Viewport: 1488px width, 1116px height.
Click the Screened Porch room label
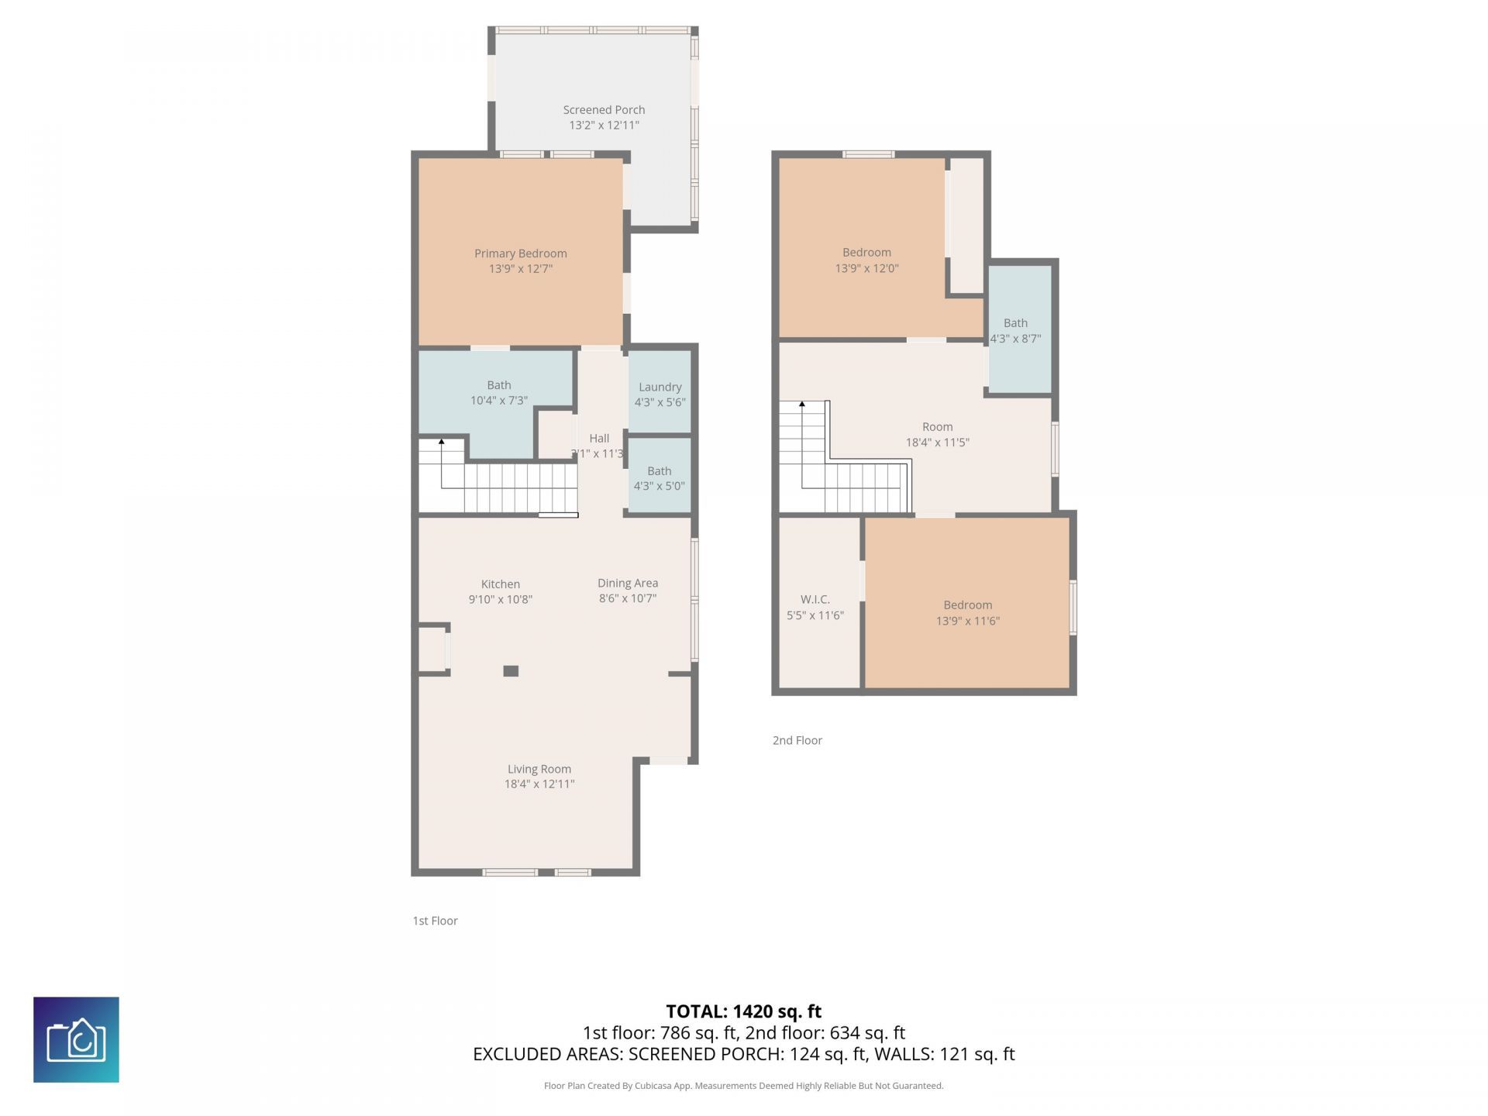coord(604,110)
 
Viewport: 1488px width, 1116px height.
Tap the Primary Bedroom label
coord(521,253)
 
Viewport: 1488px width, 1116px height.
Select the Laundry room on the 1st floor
coord(660,391)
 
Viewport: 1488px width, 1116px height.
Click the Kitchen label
coord(501,584)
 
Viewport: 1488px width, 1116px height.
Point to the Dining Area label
coord(628,583)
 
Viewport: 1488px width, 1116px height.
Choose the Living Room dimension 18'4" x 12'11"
coord(539,784)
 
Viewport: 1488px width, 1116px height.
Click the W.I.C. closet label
coord(815,600)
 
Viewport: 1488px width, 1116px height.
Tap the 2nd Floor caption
coord(797,740)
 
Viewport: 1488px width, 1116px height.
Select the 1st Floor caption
coord(435,921)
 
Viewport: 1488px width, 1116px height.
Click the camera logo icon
coord(76,1039)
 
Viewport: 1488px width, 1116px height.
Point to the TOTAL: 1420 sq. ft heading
coord(744,1011)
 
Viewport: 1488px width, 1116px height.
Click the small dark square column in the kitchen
coord(511,671)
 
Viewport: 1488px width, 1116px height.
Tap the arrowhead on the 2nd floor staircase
coord(802,405)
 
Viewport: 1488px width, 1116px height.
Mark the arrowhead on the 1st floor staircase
coord(442,442)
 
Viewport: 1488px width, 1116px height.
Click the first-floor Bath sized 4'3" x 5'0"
coord(660,475)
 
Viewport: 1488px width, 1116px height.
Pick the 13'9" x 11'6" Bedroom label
coord(968,613)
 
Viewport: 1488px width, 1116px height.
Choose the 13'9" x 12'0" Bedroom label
coord(866,260)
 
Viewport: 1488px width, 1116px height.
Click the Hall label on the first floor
coord(599,439)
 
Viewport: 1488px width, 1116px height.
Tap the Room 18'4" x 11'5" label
coord(938,435)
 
